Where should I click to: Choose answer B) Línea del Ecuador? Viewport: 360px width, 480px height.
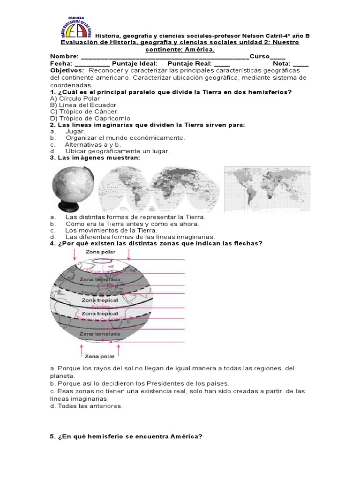click(x=83, y=105)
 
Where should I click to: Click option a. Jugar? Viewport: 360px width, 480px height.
click(x=75, y=132)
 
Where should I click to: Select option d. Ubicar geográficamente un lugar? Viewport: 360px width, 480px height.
click(x=110, y=151)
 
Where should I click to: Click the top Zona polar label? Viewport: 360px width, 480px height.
click(x=100, y=252)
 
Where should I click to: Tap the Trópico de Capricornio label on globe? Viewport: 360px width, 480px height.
click(x=99, y=318)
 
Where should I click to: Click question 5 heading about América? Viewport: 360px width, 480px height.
click(x=126, y=436)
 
